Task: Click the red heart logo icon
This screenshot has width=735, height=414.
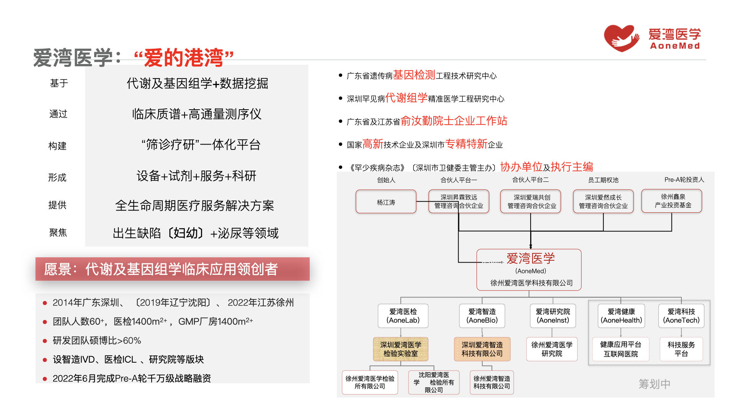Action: [x=621, y=38]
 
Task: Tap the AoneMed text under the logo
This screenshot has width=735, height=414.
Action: [x=675, y=46]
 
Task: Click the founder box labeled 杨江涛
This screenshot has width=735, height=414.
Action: [x=386, y=202]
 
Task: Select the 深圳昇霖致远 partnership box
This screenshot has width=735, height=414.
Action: [x=459, y=202]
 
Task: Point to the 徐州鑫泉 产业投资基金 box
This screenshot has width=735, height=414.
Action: [x=672, y=201]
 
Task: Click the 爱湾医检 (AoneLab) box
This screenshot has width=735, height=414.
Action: [x=403, y=316]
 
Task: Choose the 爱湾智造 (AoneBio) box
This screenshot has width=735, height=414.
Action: [x=482, y=316]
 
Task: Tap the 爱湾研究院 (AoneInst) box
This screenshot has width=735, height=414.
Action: [x=552, y=316]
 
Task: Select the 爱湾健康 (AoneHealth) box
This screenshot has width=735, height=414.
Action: [x=621, y=316]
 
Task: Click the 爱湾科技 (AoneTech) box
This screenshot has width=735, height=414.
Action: [x=681, y=316]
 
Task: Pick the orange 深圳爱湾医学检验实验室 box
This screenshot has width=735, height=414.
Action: [x=400, y=349]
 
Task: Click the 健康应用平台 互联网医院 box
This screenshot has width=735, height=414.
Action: [x=621, y=349]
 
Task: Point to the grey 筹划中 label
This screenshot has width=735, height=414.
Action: [x=654, y=384]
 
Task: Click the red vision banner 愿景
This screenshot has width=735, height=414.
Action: [x=172, y=269]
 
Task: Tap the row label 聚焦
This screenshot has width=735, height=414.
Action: [x=58, y=233]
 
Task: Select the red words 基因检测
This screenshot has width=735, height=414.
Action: [x=414, y=75]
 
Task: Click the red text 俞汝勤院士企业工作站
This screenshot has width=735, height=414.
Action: [x=454, y=121]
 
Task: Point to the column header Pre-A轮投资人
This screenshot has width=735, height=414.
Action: [x=684, y=180]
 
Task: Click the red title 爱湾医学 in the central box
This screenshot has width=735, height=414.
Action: [x=530, y=258]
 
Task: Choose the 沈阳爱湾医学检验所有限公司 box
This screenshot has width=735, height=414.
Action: [x=434, y=382]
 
